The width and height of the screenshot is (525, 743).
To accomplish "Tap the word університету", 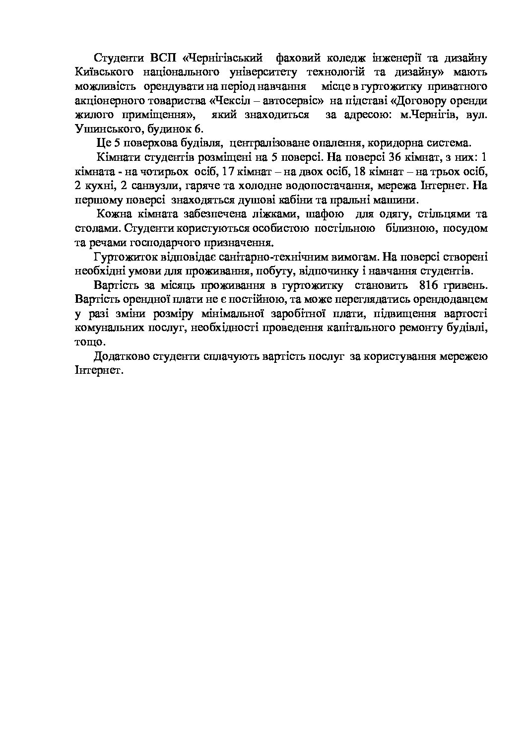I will click(263, 72).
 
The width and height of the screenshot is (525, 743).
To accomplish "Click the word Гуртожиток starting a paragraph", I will click(123, 258).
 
